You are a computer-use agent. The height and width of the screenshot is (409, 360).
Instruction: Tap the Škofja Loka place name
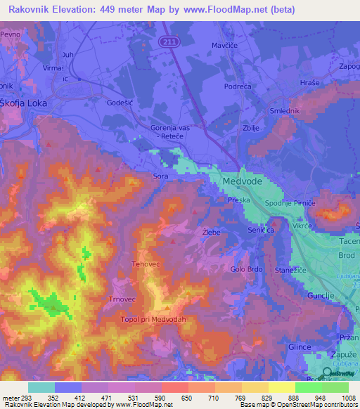coord(27,99)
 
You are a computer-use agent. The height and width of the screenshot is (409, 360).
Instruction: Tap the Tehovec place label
coord(147,264)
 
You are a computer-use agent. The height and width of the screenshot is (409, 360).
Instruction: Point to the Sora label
coord(160,176)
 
